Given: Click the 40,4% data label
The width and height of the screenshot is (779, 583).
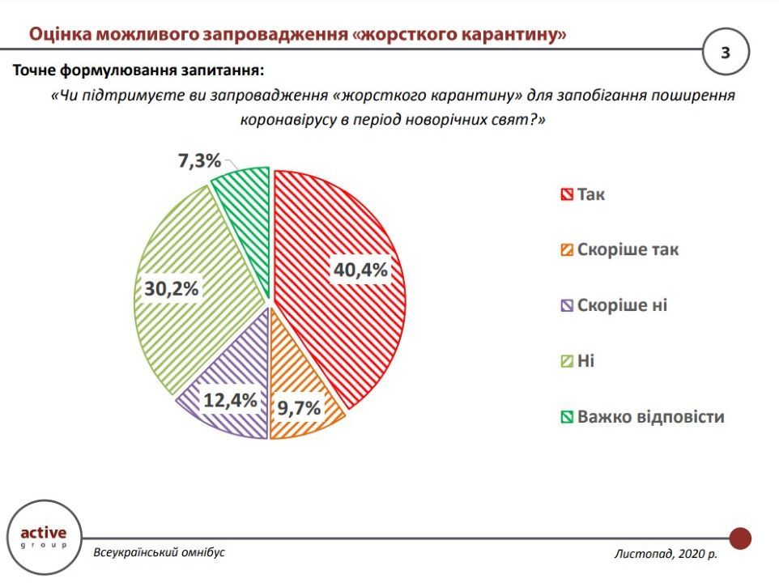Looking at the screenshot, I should (360, 270).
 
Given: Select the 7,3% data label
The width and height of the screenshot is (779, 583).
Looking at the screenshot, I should (199, 161).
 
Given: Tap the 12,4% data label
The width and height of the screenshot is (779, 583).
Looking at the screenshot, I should (229, 399).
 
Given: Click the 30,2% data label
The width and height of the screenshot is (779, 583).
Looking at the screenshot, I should (172, 289).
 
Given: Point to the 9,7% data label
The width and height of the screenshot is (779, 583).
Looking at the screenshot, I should (299, 407).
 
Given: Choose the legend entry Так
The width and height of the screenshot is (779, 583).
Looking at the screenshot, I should (590, 194).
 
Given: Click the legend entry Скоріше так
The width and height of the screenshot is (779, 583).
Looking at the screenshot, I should (627, 249).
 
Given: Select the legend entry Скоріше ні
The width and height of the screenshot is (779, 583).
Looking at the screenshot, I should (622, 305).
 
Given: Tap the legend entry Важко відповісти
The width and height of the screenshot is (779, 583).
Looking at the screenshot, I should (649, 417).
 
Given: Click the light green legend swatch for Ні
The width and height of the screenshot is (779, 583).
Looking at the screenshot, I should (567, 361).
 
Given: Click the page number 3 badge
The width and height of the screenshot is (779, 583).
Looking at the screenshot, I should (726, 53).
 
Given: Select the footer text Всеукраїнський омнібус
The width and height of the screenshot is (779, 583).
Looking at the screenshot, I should (159, 552).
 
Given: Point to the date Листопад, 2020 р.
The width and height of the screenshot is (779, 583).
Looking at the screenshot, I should (666, 555).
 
